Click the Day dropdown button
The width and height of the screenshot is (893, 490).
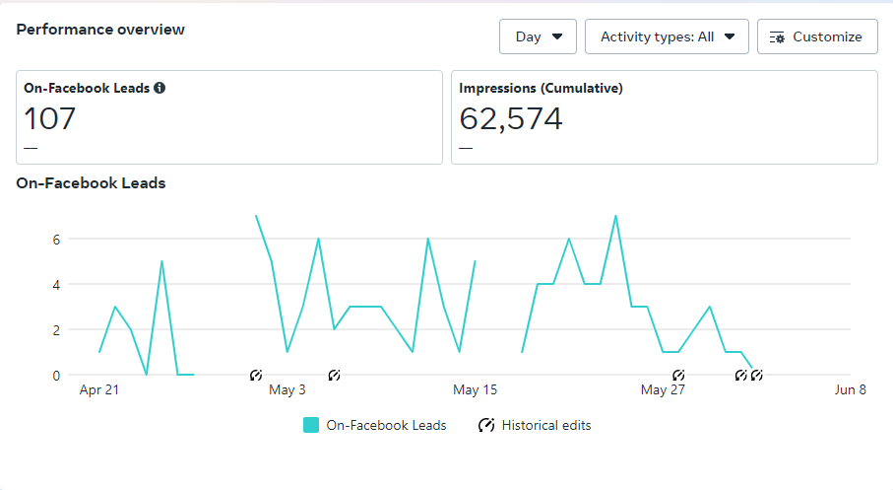tap(538, 36)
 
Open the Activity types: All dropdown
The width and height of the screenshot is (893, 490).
tap(667, 36)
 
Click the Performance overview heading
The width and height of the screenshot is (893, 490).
tap(100, 30)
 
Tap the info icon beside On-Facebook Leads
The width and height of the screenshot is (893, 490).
tap(159, 88)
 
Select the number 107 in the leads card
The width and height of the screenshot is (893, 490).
tap(49, 119)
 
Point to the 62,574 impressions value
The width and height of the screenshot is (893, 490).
tap(511, 119)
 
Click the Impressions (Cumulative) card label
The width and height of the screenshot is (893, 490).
tap(541, 88)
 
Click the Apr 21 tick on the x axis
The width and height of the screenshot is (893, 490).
tap(99, 390)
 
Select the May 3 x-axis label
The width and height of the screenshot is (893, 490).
tap(287, 390)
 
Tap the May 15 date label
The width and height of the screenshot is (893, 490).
tap(475, 390)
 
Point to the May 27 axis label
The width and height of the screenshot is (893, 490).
tap(663, 390)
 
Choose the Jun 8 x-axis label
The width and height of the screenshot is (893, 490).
tap(850, 390)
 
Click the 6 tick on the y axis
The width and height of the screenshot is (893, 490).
tap(57, 239)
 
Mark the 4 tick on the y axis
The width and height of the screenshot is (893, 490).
tap(57, 284)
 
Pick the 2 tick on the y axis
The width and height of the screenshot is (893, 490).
tap(57, 329)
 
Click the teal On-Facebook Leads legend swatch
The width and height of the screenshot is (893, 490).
tap(311, 425)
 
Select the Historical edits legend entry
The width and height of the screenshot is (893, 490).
tap(536, 426)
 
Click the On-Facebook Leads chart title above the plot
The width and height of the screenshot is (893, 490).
tap(91, 183)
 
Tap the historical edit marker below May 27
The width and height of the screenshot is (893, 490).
tap(678, 376)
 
